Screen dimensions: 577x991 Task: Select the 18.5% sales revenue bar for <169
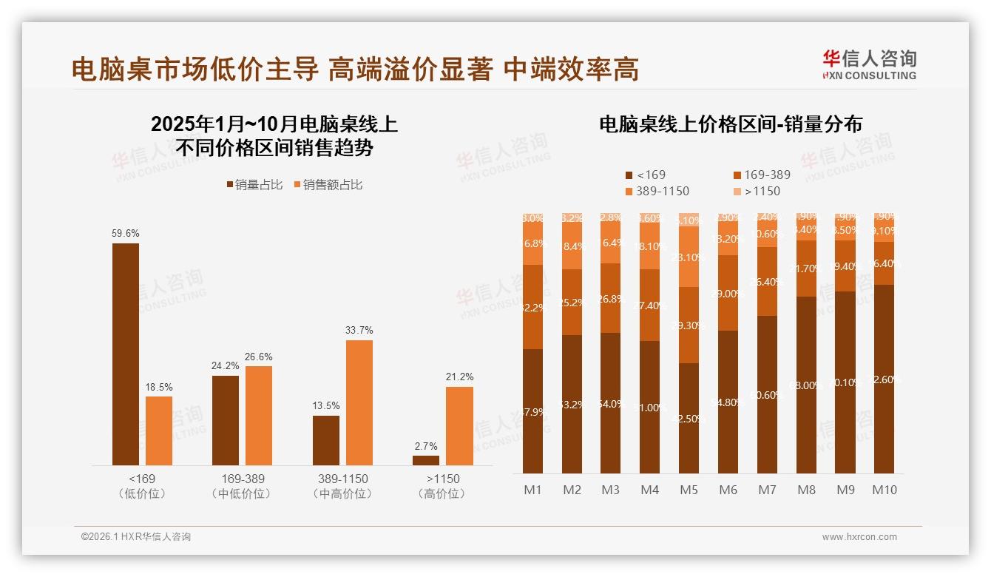159,431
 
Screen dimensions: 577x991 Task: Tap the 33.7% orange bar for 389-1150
359,402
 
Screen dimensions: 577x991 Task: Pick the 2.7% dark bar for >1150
426,460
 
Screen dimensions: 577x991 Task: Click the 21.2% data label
459,377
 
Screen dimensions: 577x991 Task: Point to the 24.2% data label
226,365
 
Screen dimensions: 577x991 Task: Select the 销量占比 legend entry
254,185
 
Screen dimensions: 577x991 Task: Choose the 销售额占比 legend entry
328,185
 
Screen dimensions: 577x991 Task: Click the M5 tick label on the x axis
689,490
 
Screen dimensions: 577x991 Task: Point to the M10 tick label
885,490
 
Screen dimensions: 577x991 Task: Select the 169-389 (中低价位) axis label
243,485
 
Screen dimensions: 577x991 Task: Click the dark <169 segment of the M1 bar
532,411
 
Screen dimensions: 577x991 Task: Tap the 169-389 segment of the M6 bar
728,293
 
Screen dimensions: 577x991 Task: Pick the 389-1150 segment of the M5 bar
689,256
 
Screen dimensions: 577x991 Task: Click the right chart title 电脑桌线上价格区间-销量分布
731,124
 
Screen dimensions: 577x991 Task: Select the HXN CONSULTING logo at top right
869,65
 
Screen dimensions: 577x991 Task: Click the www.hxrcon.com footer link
859,537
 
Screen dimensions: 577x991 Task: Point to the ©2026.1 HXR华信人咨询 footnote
136,537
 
